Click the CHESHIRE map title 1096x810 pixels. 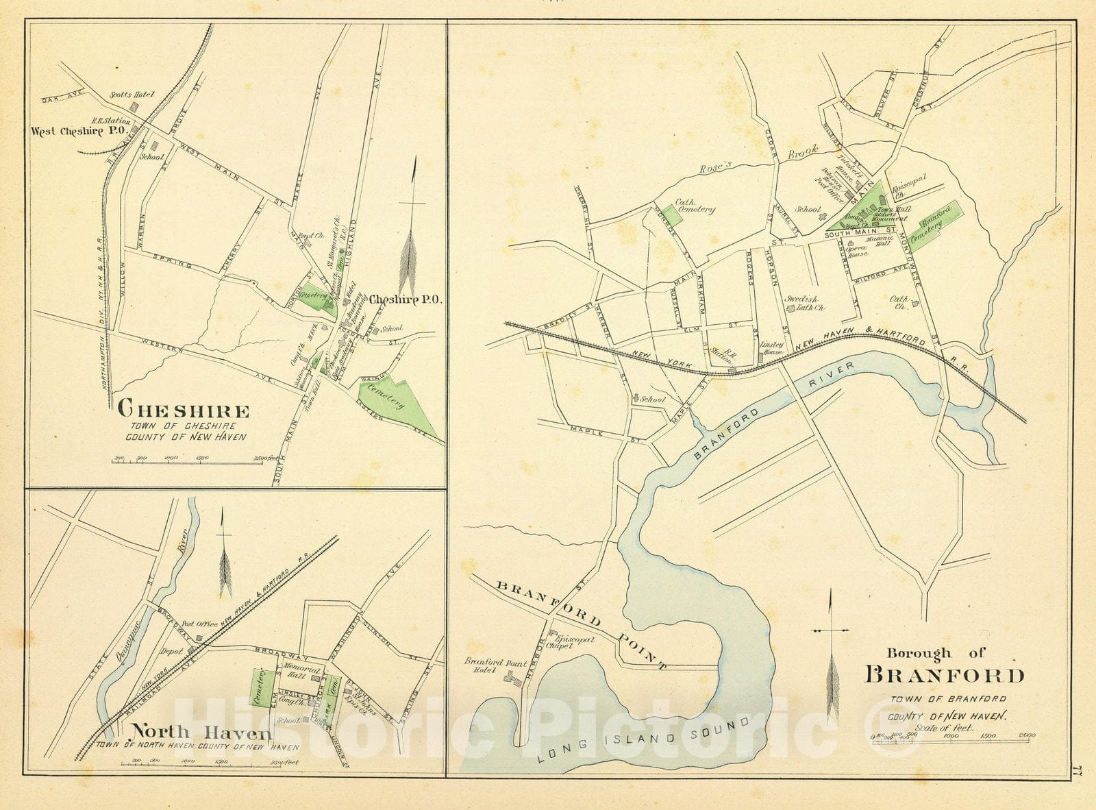click(x=184, y=410)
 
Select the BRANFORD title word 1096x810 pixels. click(x=945, y=675)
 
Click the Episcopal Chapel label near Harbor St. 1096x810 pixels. click(x=575, y=641)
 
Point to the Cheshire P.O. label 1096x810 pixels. click(x=406, y=299)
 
